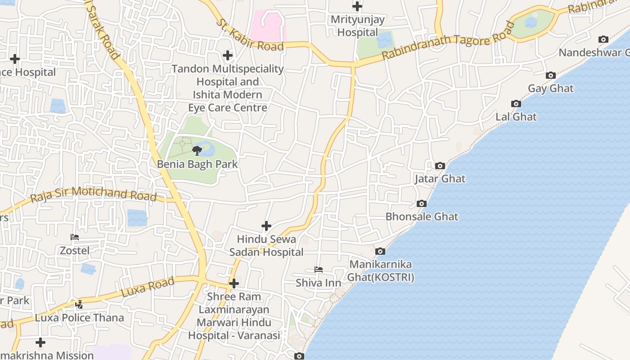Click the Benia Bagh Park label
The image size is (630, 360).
[197, 164]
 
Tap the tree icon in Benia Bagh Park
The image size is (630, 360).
[197, 150]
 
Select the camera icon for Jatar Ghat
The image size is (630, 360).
[440, 166]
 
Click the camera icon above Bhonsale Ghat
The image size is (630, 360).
[422, 203]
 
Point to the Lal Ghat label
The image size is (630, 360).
[516, 117]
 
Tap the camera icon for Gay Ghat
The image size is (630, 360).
[550, 75]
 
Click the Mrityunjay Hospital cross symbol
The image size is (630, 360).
[357, 6]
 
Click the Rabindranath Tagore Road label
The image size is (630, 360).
[448, 41]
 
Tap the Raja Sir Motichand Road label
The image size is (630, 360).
[94, 193]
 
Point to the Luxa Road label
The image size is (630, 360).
[148, 287]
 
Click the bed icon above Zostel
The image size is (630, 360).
[75, 237]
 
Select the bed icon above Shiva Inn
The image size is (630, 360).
[318, 270]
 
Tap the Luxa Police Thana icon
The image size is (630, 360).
[79, 305]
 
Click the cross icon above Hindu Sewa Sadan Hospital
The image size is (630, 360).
[266, 225]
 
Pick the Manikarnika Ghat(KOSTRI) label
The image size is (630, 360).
[381, 270]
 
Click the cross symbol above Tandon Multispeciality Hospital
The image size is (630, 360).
[228, 55]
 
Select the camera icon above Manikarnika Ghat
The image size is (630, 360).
[380, 251]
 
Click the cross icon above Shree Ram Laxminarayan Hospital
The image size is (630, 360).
[234, 283]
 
